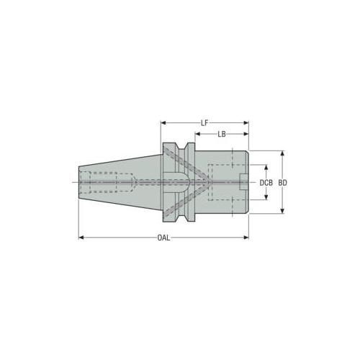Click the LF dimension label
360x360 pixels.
(204, 123)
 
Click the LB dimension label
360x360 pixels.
(222, 134)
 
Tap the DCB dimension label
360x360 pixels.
(266, 183)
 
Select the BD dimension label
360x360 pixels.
(283, 183)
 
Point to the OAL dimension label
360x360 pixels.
(163, 238)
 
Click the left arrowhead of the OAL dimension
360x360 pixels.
(81, 238)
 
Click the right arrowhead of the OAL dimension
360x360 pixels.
(246, 238)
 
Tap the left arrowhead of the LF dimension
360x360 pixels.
(163, 123)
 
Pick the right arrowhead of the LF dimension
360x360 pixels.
(246, 123)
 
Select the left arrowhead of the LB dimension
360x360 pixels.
(197, 134)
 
